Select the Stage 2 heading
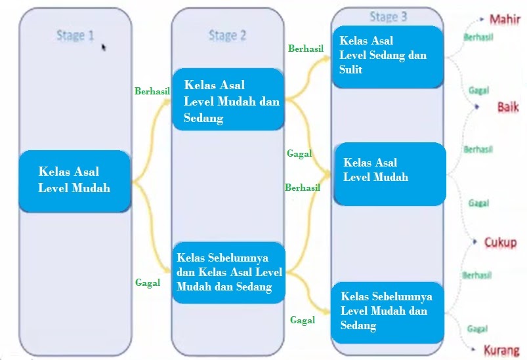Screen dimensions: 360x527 227,35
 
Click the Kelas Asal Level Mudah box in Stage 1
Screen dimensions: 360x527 74,180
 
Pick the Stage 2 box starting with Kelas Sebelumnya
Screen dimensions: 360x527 228,272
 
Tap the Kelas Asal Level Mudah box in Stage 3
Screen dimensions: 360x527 389,172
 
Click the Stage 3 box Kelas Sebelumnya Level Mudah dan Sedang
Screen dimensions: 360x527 386,312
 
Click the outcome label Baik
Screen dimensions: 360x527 507,107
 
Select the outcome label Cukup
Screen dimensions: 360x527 500,242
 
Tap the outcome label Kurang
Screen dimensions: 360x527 501,350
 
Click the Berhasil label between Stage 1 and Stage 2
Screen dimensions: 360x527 152,91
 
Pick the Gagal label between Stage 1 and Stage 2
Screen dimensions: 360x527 148,283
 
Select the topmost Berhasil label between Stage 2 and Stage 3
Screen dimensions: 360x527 306,49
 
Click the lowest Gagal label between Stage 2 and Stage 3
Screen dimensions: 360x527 302,320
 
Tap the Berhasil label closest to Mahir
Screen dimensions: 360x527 477,37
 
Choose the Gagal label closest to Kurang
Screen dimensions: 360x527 477,328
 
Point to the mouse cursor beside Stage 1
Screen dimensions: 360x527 104,47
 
